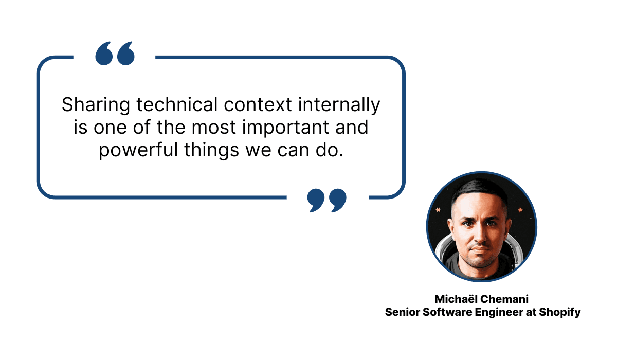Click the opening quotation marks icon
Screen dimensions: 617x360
(115, 53)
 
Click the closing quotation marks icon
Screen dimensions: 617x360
(326, 201)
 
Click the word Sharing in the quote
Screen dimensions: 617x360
(96, 105)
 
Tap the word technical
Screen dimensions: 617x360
(177, 104)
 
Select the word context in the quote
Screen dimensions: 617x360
(258, 105)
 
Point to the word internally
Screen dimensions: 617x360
(339, 105)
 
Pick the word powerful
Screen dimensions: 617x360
(138, 150)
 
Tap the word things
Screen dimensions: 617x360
(211, 150)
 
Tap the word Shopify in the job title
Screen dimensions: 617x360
(560, 312)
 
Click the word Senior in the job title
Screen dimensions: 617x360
(403, 312)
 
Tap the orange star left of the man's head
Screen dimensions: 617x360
(438, 210)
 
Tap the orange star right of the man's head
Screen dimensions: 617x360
(520, 210)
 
